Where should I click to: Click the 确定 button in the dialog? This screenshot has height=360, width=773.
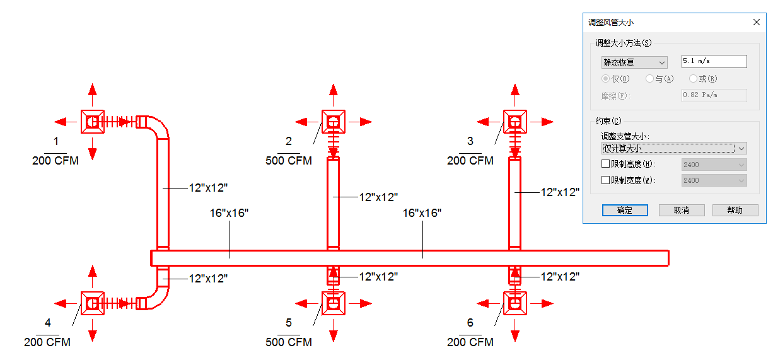click(625, 210)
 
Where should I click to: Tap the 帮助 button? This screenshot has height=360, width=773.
click(735, 210)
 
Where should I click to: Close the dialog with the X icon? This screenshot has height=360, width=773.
click(757, 22)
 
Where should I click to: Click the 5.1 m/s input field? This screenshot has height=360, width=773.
click(714, 61)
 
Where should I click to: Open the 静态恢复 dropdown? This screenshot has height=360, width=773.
click(634, 62)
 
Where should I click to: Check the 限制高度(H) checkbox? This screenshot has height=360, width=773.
click(605, 164)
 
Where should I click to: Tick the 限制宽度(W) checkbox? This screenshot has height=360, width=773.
click(605, 180)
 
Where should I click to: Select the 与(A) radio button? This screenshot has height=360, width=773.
click(649, 79)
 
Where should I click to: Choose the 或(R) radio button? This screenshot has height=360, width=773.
click(693, 79)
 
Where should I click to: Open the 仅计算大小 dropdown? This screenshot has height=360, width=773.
click(674, 148)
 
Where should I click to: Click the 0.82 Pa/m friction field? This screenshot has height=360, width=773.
click(714, 95)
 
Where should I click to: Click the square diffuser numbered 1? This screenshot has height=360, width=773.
click(93, 122)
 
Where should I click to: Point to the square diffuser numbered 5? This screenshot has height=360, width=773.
click(334, 303)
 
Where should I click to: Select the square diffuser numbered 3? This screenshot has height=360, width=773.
click(515, 122)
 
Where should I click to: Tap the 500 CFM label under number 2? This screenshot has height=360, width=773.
click(289, 161)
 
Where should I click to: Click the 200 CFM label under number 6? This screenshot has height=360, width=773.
click(470, 342)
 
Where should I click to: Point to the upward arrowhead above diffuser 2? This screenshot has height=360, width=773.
click(334, 90)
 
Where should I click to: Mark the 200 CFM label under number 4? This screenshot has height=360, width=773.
click(47, 342)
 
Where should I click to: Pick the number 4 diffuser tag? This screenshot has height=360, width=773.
click(48, 323)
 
